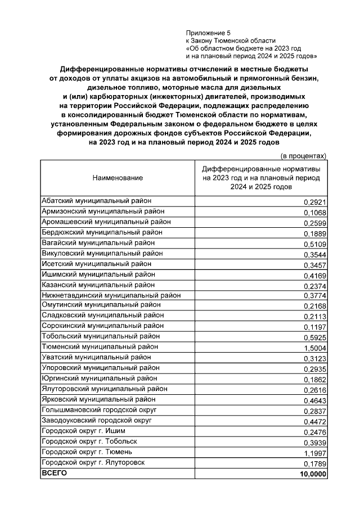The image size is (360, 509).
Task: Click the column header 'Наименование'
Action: (118, 178)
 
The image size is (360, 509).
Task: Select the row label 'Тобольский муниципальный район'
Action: (96, 336)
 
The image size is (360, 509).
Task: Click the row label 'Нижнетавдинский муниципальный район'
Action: (111, 295)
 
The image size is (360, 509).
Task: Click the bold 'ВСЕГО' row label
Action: (55, 473)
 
